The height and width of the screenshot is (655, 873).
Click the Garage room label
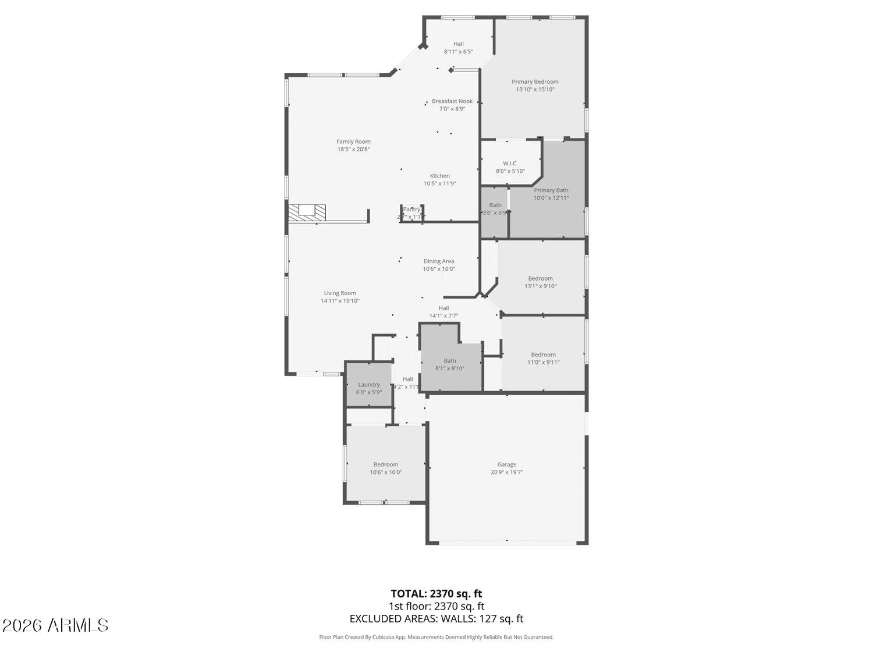[x=506, y=465]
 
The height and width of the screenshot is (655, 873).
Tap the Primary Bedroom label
[x=535, y=82]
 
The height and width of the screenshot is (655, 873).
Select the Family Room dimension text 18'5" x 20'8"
[x=353, y=150]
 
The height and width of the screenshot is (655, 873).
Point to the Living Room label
[x=340, y=293]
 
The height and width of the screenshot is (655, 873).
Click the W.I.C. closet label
[x=510, y=164]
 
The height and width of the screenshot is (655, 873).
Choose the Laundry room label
[x=369, y=385]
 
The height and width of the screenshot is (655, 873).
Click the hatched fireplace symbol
[x=307, y=213]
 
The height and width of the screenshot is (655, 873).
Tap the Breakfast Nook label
[x=452, y=101]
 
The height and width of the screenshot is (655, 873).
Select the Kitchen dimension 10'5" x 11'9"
[x=440, y=184]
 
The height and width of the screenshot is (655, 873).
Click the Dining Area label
[x=439, y=261]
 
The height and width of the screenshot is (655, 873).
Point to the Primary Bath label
[x=551, y=190]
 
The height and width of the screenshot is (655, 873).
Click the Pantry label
[x=411, y=210]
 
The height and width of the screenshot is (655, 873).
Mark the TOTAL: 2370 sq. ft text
[x=436, y=594]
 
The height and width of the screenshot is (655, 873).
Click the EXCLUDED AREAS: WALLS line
[x=436, y=619]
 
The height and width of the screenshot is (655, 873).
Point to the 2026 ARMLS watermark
[x=55, y=625]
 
